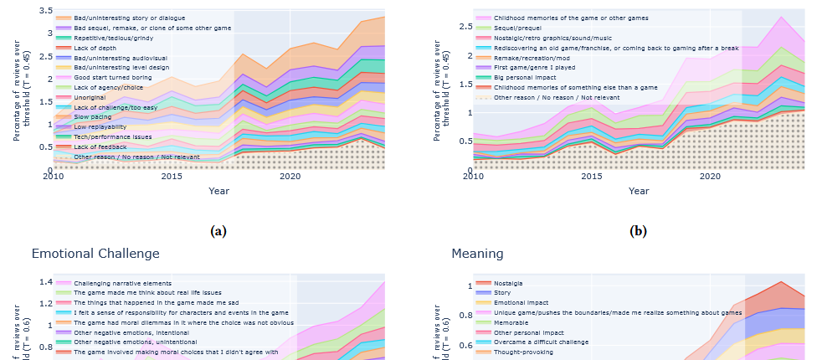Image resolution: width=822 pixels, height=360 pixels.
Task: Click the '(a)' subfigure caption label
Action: click(x=220, y=231)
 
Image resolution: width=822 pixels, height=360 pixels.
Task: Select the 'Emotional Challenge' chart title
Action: click(x=95, y=253)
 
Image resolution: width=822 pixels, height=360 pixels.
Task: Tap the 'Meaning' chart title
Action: click(x=477, y=253)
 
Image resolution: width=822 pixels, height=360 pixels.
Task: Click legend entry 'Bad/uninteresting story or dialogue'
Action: click(x=130, y=18)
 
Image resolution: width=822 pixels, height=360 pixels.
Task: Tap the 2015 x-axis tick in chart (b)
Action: click(x=592, y=177)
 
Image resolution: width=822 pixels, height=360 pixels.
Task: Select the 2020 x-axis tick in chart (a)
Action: click(x=290, y=177)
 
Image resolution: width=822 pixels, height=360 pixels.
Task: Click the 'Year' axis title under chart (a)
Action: click(x=219, y=191)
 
